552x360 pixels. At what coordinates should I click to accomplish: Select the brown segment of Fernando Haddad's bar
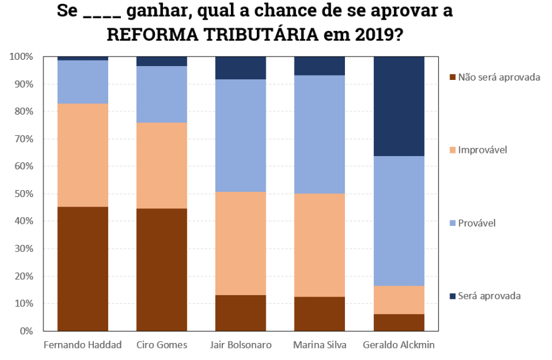(x=83, y=268)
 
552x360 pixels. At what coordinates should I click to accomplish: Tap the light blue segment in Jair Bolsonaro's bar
(x=240, y=135)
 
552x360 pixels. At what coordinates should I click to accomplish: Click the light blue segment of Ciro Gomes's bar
(x=162, y=94)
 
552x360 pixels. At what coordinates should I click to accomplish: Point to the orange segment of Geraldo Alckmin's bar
(x=399, y=300)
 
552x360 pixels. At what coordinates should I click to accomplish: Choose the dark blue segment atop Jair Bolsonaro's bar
(x=240, y=67)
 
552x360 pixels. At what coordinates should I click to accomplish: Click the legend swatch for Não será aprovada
(x=453, y=77)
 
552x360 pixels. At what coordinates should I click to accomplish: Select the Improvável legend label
(x=483, y=150)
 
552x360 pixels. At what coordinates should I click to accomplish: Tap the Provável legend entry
(x=476, y=223)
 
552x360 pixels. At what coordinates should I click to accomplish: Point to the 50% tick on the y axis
(x=25, y=194)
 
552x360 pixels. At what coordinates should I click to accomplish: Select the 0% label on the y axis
(x=26, y=331)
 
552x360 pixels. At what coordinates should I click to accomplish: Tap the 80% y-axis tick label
(x=25, y=111)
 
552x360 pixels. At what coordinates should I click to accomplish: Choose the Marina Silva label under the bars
(x=320, y=346)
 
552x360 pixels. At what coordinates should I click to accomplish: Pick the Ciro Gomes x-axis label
(x=162, y=346)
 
